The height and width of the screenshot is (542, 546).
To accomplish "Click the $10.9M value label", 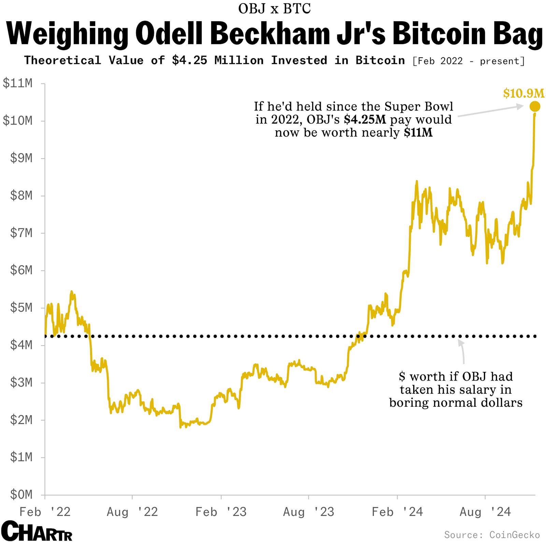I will point(523,93).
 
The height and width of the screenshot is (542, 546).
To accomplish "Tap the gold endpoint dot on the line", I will point(534,106).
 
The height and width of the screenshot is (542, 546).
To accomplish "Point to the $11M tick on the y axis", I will point(18,83).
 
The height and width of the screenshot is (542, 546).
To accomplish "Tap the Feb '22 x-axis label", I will point(45,512).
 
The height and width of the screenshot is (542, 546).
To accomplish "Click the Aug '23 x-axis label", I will point(308,512).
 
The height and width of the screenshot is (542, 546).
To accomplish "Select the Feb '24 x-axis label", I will point(397,512).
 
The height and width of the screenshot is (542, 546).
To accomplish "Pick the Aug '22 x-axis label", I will point(132,512).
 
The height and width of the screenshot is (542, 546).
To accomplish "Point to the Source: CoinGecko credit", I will point(492,534).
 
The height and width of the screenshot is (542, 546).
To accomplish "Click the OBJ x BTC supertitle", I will point(274,9).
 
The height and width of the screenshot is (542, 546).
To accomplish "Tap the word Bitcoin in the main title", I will point(443,33).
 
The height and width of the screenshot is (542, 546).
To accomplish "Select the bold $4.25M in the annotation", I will point(365,120).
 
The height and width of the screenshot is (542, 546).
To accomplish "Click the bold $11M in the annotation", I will point(418,133).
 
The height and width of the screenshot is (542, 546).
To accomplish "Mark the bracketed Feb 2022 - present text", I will point(468,61).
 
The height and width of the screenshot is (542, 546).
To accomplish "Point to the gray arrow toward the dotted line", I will point(462,352).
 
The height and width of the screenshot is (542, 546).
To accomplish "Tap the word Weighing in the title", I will point(68,33).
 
